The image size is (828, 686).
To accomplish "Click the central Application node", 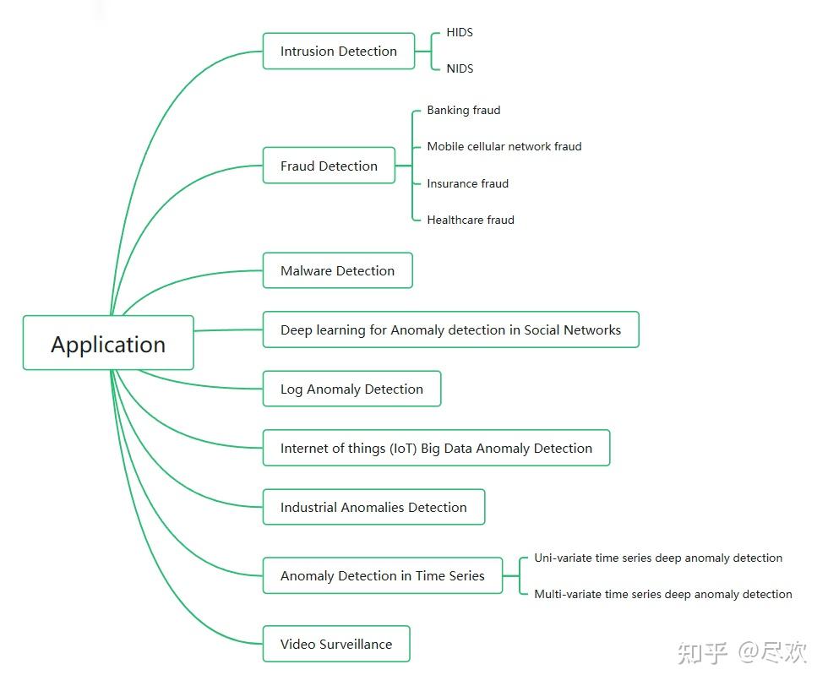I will coord(108,343).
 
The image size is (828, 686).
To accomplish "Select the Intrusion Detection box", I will coord(339,52).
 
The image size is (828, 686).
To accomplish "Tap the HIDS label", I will coord(460,32).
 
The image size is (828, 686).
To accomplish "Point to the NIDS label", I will coord(460,68).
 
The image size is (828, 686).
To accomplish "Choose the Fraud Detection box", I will coord(329,166).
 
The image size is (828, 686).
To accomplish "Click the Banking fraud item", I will coord(463,110).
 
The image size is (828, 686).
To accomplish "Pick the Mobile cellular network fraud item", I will coord(504,146).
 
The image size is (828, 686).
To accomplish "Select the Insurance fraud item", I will coord(467,183).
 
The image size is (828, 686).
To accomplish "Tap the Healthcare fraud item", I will coord(470,220).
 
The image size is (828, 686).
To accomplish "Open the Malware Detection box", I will coord(337,270).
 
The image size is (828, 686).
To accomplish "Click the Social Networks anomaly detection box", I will coord(450,329).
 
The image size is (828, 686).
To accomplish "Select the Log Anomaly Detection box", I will coord(351,389).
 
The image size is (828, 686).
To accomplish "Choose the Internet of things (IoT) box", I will coord(436,448).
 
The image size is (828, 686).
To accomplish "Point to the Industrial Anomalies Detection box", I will coord(373,507).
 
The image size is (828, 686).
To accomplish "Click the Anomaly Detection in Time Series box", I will coord(382,575).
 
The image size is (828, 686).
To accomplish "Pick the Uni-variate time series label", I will coord(657,558).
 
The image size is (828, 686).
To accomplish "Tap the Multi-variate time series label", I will coord(662,594).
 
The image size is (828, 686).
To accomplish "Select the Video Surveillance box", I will coord(336,644).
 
